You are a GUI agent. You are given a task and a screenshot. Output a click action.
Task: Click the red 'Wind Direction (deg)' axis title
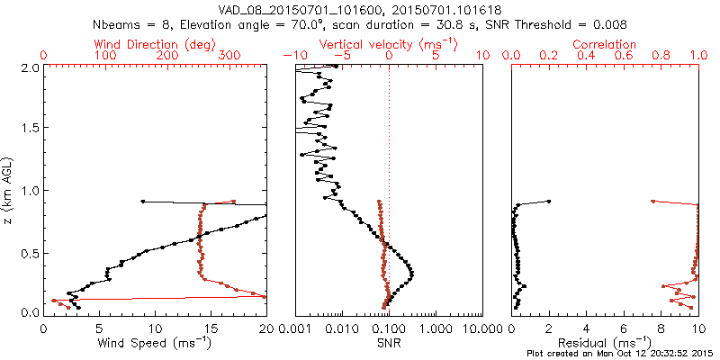[154, 44]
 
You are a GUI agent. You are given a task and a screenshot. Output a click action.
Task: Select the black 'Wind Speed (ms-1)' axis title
[155, 343]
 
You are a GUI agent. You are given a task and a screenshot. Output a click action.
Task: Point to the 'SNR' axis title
[388, 343]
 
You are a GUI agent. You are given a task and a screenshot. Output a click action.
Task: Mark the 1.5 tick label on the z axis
[29, 129]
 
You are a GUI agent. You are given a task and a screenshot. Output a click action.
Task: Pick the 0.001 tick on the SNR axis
[295, 328]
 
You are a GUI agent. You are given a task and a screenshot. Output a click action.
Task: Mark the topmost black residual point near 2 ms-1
[549, 201]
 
